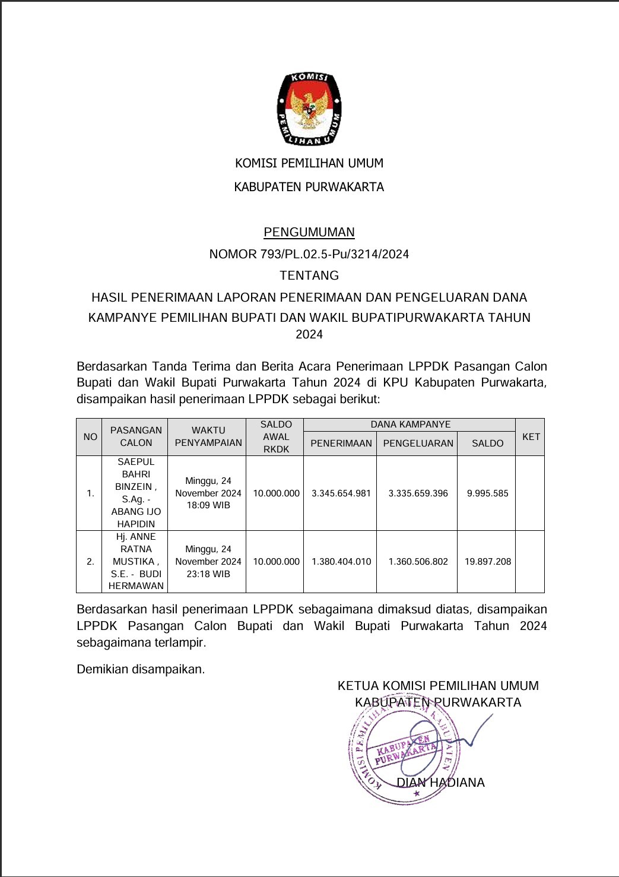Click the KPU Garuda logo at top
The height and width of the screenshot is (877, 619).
pyautogui.click(x=309, y=109)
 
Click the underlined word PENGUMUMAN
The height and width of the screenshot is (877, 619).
pyautogui.click(x=309, y=232)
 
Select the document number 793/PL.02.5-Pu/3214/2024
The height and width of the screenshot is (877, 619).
pyautogui.click(x=335, y=254)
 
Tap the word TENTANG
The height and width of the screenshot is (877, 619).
pyautogui.click(x=309, y=276)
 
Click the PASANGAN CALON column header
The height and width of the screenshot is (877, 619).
pyautogui.click(x=136, y=436)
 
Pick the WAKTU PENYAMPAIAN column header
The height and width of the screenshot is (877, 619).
pyautogui.click(x=208, y=436)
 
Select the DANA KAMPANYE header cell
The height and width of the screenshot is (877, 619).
pyautogui.click(x=410, y=425)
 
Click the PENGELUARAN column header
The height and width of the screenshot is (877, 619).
pyautogui.click(x=418, y=444)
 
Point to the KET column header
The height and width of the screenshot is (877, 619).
pyautogui.click(x=531, y=437)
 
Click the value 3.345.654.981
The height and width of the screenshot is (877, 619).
pyautogui.click(x=341, y=493)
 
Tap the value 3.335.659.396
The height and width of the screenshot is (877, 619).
pyautogui.click(x=418, y=493)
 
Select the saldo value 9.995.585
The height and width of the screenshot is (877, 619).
pyautogui.click(x=487, y=493)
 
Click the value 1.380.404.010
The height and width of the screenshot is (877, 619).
pyautogui.click(x=341, y=562)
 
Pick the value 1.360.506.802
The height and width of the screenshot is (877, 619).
pyautogui.click(x=418, y=562)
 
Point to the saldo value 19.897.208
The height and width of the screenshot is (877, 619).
pyautogui.click(x=487, y=562)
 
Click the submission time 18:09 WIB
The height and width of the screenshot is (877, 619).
pyautogui.click(x=208, y=505)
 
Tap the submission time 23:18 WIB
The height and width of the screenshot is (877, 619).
pyautogui.click(x=208, y=574)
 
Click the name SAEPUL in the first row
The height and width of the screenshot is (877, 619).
pyautogui.click(x=136, y=462)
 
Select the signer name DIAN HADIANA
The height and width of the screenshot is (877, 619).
pyautogui.click(x=440, y=783)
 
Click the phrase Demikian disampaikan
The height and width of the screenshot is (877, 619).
pyautogui.click(x=141, y=669)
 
